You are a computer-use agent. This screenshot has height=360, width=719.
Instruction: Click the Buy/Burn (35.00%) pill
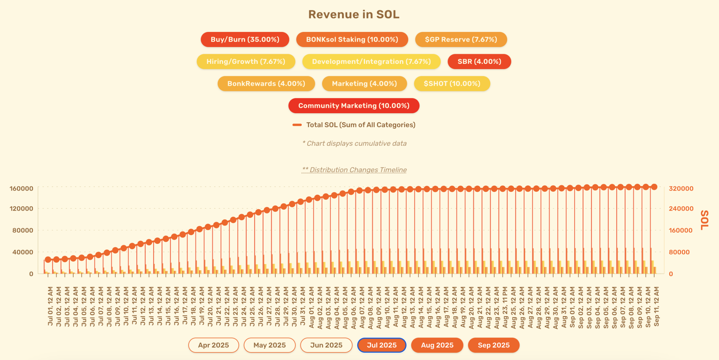pyautogui.click(x=245, y=39)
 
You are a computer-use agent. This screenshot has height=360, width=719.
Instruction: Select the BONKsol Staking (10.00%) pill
pyautogui.click(x=352, y=39)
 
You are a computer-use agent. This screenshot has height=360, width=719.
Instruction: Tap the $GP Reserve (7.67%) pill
pyautogui.click(x=461, y=39)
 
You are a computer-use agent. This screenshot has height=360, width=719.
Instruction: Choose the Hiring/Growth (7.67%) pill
pyautogui.click(x=246, y=61)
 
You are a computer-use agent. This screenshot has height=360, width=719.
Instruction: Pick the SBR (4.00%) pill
pyautogui.click(x=479, y=61)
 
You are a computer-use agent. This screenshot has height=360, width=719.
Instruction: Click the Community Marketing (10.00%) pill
pyautogui.click(x=354, y=105)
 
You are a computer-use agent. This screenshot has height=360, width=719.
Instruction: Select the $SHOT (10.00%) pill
pyautogui.click(x=452, y=84)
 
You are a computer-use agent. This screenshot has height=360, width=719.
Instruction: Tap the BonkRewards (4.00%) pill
pyautogui.click(x=266, y=84)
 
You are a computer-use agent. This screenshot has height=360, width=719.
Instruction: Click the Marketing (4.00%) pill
pyautogui.click(x=364, y=84)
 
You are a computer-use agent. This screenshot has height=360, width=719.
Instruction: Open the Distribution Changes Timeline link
pyautogui.click(x=354, y=170)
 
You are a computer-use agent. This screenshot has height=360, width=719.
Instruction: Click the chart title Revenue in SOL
pyautogui.click(x=354, y=14)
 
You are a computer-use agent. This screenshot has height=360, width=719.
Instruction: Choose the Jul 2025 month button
pyautogui.click(x=381, y=345)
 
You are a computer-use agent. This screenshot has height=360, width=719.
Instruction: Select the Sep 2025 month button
pyautogui.click(x=493, y=345)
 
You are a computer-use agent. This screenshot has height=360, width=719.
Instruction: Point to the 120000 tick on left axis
pyautogui.click(x=21, y=208)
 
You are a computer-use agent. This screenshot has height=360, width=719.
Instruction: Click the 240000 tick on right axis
pyautogui.click(x=681, y=208)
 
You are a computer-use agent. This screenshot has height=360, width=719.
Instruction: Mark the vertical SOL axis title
pyautogui.click(x=705, y=220)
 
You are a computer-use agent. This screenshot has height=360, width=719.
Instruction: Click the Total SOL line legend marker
pyautogui.click(x=297, y=125)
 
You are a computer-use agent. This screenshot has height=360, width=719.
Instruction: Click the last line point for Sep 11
pyautogui.click(x=654, y=187)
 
